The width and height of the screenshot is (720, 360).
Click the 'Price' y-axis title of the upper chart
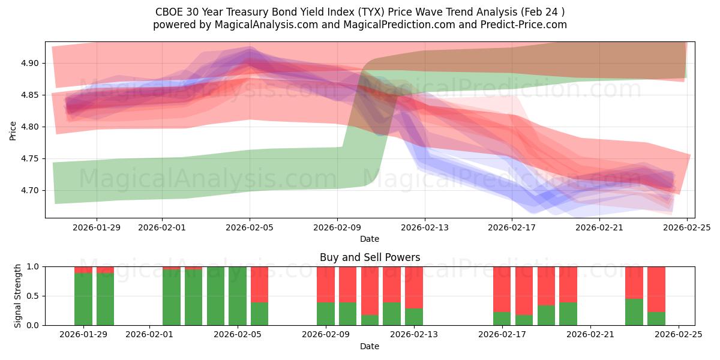tap(13, 130)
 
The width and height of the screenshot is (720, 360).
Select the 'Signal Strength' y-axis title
tap(18, 296)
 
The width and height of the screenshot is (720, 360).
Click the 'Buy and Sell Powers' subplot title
tap(370, 257)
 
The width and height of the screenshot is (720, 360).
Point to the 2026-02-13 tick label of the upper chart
tap(425, 227)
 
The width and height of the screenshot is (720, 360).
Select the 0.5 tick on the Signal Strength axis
tap(33, 296)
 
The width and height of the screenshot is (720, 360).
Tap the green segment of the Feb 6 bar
tap(259, 313)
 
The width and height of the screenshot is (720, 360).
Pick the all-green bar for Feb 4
tap(215, 296)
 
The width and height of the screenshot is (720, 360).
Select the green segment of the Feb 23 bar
tap(634, 311)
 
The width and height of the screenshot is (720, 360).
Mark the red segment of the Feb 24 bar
tap(656, 289)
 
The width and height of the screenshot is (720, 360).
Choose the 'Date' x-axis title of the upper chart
tap(370, 239)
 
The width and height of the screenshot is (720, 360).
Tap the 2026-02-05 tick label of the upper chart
tap(250, 227)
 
